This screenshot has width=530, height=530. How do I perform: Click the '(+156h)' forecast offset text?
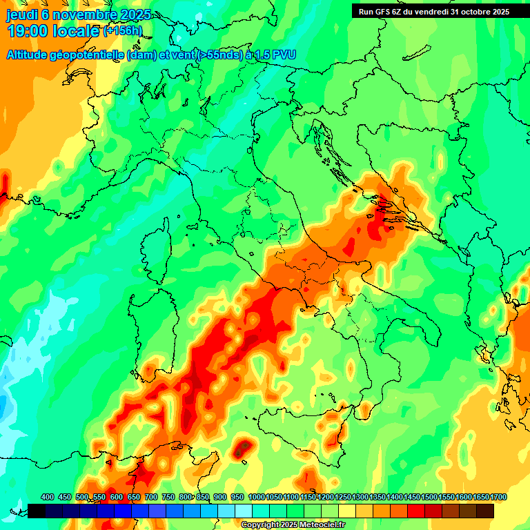(122, 31)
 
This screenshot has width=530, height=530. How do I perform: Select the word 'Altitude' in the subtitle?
(32, 55)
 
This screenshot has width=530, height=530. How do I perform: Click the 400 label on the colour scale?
(48, 498)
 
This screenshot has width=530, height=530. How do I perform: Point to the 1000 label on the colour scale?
(257, 498)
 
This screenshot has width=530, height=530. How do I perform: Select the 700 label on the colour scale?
(151, 498)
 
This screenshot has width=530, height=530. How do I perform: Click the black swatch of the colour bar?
(37, 511)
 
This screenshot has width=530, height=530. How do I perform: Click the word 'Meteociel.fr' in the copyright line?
(320, 525)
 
